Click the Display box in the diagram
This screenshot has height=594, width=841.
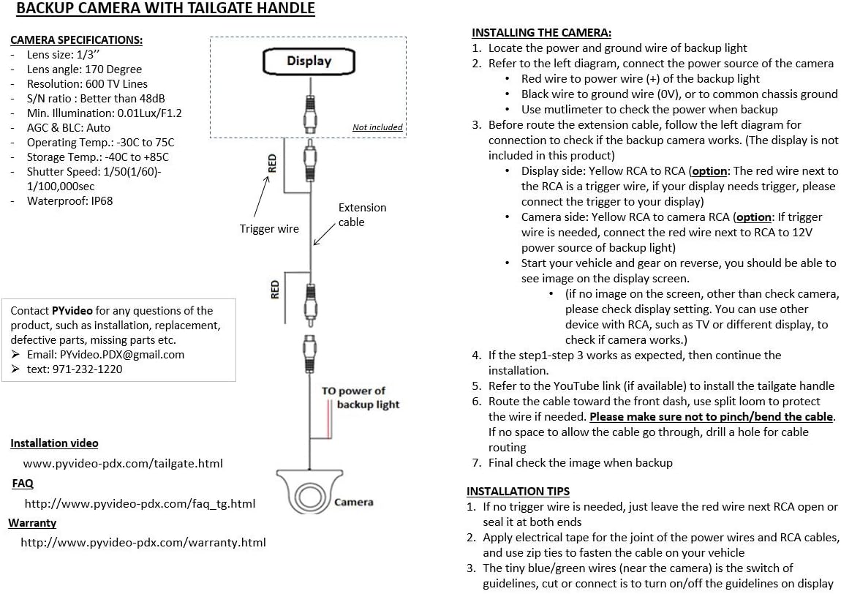[309, 61]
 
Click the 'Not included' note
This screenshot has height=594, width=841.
[377, 127]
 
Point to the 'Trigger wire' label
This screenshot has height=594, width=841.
[269, 229]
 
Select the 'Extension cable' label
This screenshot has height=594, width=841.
[362, 214]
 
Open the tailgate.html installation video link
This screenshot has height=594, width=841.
[123, 463]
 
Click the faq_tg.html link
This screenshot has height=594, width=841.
[140, 503]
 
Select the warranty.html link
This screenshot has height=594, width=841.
[143, 542]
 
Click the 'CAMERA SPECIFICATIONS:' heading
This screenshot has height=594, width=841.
[76, 40]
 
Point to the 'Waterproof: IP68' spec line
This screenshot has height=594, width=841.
[69, 200]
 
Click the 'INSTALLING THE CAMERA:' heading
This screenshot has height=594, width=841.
[541, 32]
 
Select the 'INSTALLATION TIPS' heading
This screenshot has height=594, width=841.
[518, 491]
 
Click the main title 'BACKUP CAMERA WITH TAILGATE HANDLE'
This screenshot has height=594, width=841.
[165, 10]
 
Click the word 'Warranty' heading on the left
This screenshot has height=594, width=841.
[32, 523]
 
